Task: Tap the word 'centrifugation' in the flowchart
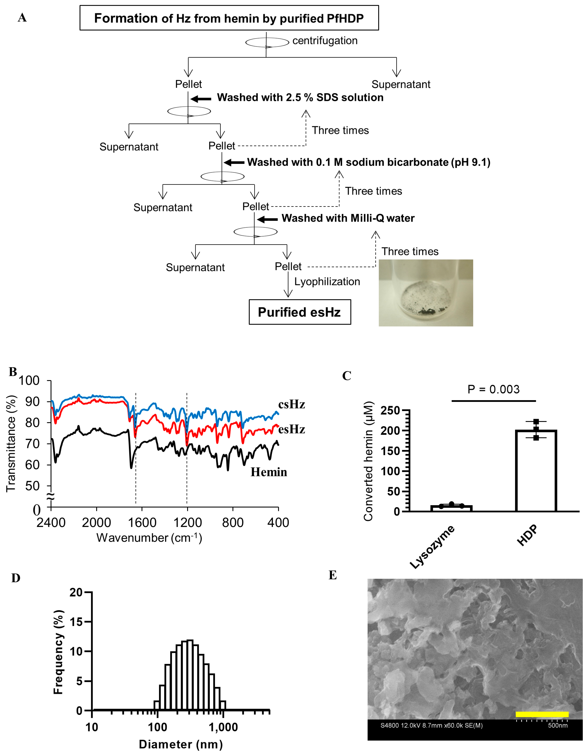coord(325,41)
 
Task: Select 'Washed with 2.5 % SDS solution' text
coord(300,98)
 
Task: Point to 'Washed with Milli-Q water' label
coord(348,218)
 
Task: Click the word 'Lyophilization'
coord(327,282)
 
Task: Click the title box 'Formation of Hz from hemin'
coord(229,18)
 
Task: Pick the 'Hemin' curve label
coord(269,472)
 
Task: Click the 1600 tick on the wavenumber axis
coord(142,523)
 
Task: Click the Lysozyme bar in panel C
coord(451,508)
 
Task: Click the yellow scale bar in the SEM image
coord(542,714)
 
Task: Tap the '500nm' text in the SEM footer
coord(558,725)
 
